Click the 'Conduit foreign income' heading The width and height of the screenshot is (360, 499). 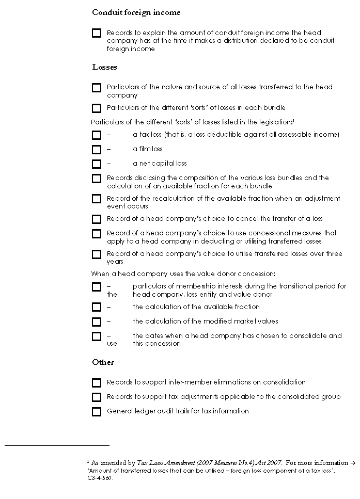(x=136, y=12)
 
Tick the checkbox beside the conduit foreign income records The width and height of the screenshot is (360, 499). (x=97, y=34)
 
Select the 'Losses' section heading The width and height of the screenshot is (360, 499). (x=104, y=67)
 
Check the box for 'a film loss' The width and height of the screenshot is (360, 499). (x=97, y=150)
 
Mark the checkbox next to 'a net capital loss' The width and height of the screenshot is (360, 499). (x=97, y=164)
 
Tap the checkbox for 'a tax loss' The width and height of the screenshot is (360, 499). (x=97, y=135)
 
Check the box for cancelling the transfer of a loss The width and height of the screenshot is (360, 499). (x=97, y=219)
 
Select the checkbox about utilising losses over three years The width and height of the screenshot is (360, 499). (x=97, y=254)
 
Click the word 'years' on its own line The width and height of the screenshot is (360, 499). (x=115, y=262)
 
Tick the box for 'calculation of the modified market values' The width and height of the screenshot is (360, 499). (x=97, y=322)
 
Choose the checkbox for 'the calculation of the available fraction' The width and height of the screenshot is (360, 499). (x=97, y=308)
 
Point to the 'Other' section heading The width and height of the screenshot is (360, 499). (x=103, y=362)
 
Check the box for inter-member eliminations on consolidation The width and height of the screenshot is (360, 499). (x=97, y=383)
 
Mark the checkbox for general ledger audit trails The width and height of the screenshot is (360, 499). (x=97, y=412)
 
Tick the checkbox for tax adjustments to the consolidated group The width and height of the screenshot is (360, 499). (x=97, y=397)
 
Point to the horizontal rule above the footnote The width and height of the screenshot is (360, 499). (x=57, y=445)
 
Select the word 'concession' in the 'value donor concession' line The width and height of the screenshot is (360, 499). (x=257, y=273)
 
